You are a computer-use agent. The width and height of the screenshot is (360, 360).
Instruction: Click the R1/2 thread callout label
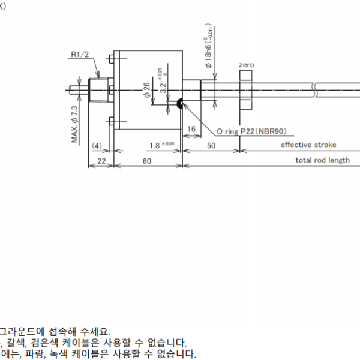(80, 55)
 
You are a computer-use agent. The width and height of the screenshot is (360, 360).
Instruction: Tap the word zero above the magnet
(246, 64)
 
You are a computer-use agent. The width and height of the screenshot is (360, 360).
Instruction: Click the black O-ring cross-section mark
(179, 105)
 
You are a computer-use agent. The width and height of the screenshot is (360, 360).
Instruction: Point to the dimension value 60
(147, 160)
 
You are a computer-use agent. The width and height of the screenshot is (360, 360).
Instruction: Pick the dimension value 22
(101, 160)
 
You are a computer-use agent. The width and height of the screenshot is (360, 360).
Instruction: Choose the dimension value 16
(191, 129)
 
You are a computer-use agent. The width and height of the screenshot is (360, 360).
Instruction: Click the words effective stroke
(308, 145)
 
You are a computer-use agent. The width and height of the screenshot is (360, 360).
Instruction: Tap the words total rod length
(322, 160)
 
